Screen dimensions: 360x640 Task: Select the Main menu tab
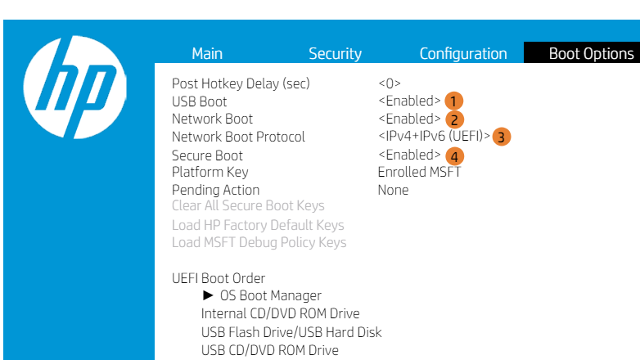point(207,54)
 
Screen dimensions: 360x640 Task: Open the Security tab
point(335,54)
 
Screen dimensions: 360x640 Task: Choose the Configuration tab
point(463,54)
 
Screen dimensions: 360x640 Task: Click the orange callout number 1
point(454,101)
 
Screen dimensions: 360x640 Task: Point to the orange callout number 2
point(454,120)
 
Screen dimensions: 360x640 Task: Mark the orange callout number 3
point(502,137)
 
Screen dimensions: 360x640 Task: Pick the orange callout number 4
point(454,155)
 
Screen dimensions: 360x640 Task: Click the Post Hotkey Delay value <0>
point(390,83)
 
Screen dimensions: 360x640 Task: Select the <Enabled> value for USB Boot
point(409,101)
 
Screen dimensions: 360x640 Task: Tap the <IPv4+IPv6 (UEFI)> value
point(434,136)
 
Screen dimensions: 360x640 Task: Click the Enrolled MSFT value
point(419,172)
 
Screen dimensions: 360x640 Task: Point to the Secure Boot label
point(207,155)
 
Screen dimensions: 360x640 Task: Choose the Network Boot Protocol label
point(238,137)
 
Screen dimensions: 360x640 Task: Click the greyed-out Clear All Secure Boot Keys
point(248,206)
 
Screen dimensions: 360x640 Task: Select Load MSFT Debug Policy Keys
point(259,242)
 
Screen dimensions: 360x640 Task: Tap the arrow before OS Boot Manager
point(209,295)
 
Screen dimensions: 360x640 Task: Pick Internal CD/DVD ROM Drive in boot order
point(280,313)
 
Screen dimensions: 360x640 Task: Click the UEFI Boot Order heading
point(219,278)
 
